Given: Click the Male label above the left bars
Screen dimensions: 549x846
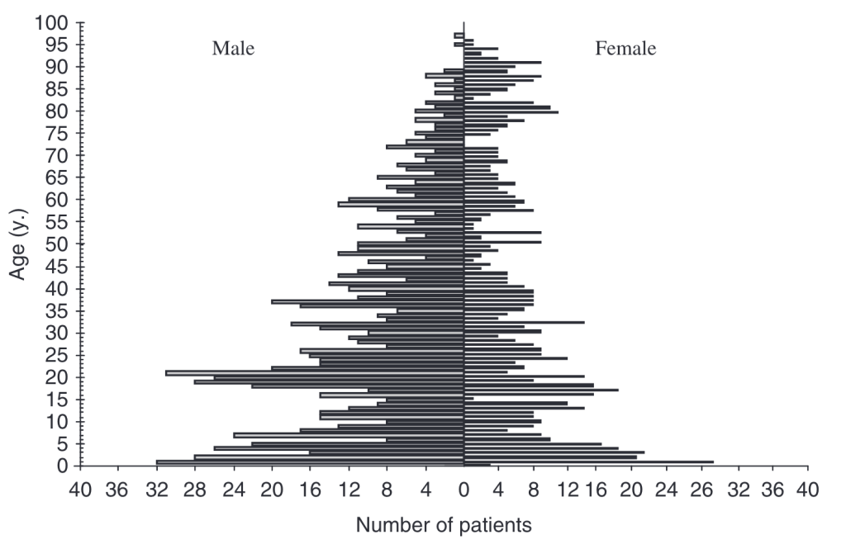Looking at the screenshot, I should pyautogui.click(x=233, y=49).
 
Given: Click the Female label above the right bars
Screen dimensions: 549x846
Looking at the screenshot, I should pyautogui.click(x=625, y=49).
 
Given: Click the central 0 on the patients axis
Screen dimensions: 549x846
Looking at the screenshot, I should pyautogui.click(x=463, y=491).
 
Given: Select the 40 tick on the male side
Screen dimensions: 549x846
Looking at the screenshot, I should pyautogui.click(x=80, y=491).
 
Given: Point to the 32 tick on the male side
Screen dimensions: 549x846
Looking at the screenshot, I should pyautogui.click(x=155, y=491).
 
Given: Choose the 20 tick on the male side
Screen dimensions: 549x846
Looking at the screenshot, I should pyautogui.click(x=271, y=491).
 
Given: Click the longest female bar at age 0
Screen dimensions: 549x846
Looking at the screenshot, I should pyautogui.click(x=588, y=462).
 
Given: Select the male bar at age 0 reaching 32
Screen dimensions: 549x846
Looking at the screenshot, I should pyautogui.click(x=310, y=462).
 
